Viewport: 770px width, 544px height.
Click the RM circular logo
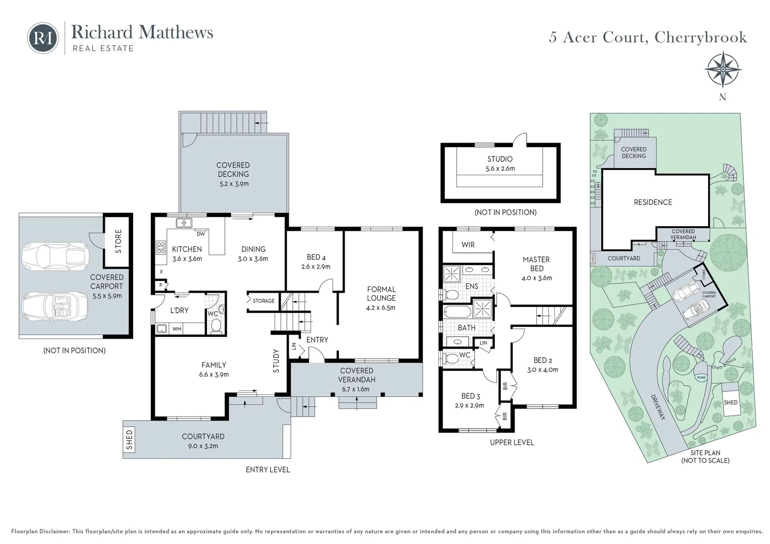pyautogui.click(x=43, y=38)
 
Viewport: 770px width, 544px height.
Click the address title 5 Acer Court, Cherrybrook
pyautogui.click(x=648, y=37)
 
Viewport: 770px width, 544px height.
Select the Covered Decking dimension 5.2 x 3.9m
pyautogui.click(x=233, y=184)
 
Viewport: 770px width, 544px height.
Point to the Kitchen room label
pyautogui.click(x=186, y=249)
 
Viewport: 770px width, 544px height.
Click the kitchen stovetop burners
pyautogui.click(x=161, y=247)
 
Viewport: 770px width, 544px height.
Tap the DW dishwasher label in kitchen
pyautogui.click(x=201, y=234)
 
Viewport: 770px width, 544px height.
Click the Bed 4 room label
pyautogui.click(x=316, y=257)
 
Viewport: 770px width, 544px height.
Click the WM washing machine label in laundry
pyautogui.click(x=177, y=329)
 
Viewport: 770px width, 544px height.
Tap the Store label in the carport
pyautogui.click(x=118, y=241)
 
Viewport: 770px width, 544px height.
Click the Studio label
pyautogui.click(x=499, y=159)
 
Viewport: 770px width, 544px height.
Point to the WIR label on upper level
pyautogui.click(x=468, y=245)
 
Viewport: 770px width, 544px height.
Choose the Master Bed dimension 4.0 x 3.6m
pyautogui.click(x=537, y=278)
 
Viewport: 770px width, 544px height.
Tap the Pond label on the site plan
pyautogui.click(x=700, y=377)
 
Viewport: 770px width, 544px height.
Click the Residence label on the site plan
pyautogui.click(x=653, y=202)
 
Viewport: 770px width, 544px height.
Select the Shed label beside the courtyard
pyautogui.click(x=130, y=440)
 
